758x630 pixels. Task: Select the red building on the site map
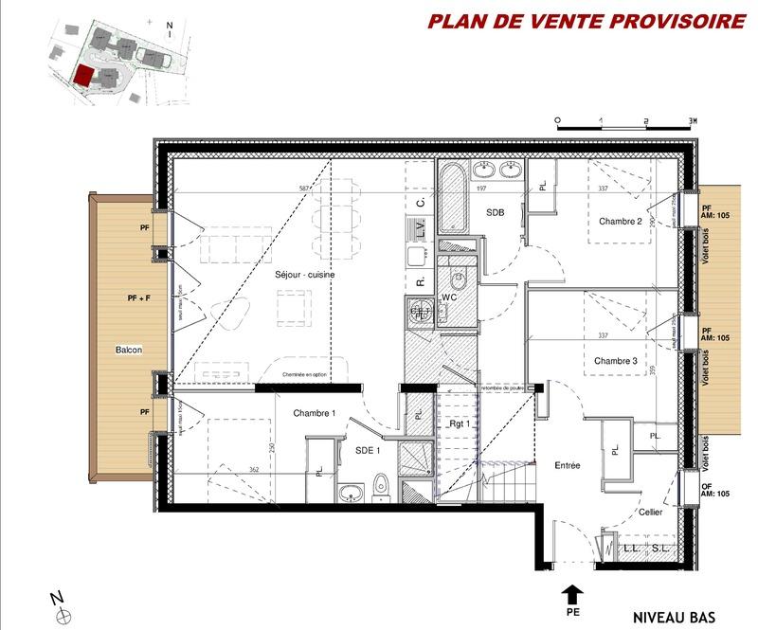tap(84, 76)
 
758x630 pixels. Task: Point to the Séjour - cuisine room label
tap(305, 275)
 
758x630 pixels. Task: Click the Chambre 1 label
tap(315, 413)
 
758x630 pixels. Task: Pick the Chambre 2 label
tap(621, 222)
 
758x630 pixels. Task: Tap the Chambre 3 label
tap(616, 361)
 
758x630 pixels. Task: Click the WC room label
tap(450, 297)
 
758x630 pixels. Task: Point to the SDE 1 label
tap(367, 451)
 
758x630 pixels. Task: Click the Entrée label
tap(567, 465)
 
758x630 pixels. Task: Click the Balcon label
tap(129, 350)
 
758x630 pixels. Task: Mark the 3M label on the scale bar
tap(693, 121)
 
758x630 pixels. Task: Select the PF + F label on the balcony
tap(138, 298)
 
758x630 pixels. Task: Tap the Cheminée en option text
tap(304, 376)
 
